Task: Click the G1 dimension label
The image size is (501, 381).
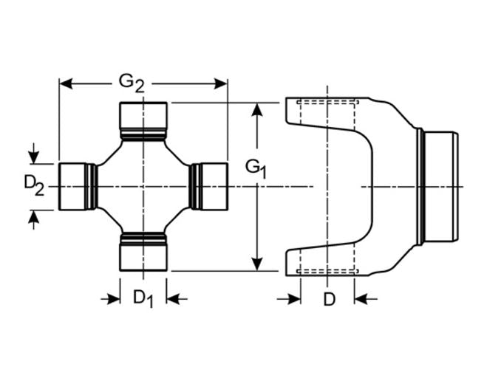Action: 256,168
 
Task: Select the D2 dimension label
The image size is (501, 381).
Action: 34,185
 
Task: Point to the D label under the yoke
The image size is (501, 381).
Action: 329,299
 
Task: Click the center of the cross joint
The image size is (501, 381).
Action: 143,186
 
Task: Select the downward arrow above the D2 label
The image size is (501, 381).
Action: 33,157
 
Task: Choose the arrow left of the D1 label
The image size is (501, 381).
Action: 112,298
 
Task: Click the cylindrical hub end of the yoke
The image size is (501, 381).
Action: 441,186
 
